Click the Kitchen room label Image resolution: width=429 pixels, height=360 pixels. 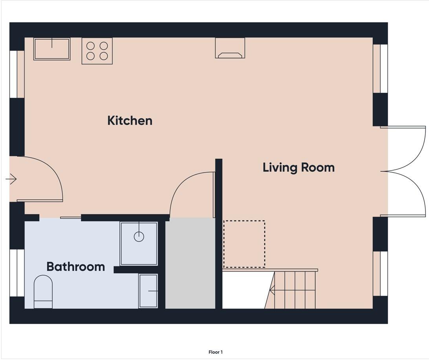click(x=130, y=120)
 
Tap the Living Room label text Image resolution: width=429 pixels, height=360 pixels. click(x=299, y=167)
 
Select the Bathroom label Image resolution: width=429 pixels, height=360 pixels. click(x=75, y=266)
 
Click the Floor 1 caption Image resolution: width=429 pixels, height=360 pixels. click(x=216, y=352)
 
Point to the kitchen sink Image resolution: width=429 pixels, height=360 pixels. click(x=52, y=49)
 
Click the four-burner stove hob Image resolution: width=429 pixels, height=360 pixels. click(x=97, y=51)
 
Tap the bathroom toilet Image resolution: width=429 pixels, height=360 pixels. click(x=43, y=292)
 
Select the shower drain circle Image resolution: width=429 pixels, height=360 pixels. click(x=139, y=237)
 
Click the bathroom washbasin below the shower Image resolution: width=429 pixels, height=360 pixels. click(x=148, y=291)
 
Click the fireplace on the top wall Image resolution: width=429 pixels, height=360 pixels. click(x=230, y=48)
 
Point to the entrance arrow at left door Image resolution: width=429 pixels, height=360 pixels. click(x=11, y=179)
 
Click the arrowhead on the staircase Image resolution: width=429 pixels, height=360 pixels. click(x=272, y=290)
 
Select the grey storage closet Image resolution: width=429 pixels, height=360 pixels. click(x=190, y=263)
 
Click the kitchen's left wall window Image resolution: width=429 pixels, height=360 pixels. click(x=17, y=74)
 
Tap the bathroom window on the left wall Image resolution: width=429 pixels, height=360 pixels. click(x=17, y=273)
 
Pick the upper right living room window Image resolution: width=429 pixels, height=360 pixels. click(x=380, y=68)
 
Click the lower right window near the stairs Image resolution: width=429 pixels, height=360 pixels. click(x=380, y=274)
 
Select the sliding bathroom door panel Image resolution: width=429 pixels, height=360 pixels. click(x=71, y=218)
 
